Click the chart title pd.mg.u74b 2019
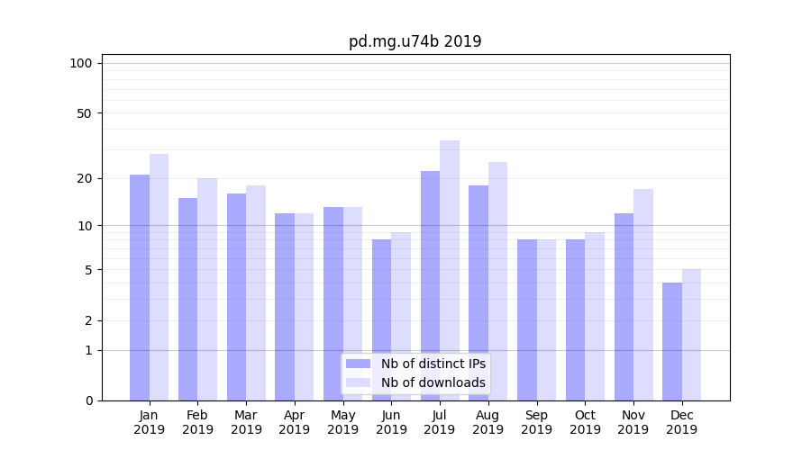pyautogui.click(x=415, y=41)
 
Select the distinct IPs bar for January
pyautogui.click(x=140, y=288)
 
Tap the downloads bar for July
pyautogui.click(x=450, y=270)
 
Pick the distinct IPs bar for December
pyautogui.click(x=672, y=342)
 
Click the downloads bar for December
pyautogui.click(x=691, y=335)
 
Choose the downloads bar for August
pyautogui.click(x=497, y=281)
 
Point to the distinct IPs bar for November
pyautogui.click(x=624, y=307)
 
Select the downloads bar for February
pyautogui.click(x=207, y=289)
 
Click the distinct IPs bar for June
pyautogui.click(x=381, y=319)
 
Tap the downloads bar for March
pyautogui.click(x=256, y=292)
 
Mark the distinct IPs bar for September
pyautogui.click(x=527, y=319)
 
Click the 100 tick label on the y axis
pyautogui.click(x=81, y=63)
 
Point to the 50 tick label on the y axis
pyautogui.click(x=84, y=113)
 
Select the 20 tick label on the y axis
pyautogui.click(x=84, y=178)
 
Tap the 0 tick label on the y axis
pyautogui.click(x=88, y=400)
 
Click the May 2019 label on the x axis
pyautogui.click(x=342, y=422)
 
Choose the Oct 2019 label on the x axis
pyautogui.click(x=585, y=422)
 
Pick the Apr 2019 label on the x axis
pyautogui.click(x=295, y=422)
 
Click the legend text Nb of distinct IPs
pyautogui.click(x=433, y=364)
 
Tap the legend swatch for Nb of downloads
pyautogui.click(x=359, y=382)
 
